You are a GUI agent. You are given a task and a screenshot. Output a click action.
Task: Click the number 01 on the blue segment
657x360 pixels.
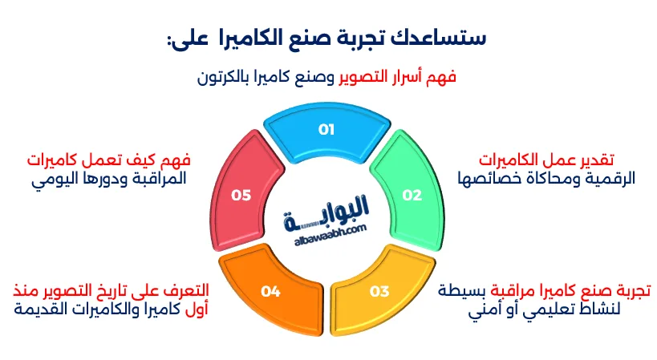[326, 129]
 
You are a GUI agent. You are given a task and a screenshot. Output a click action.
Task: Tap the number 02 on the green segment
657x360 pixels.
[412, 195]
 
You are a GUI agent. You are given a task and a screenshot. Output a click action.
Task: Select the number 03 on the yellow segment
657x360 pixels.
[379, 291]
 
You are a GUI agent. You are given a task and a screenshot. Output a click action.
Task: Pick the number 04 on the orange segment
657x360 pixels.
[270, 291]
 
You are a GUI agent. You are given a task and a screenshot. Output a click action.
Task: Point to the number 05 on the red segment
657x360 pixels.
[241, 195]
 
